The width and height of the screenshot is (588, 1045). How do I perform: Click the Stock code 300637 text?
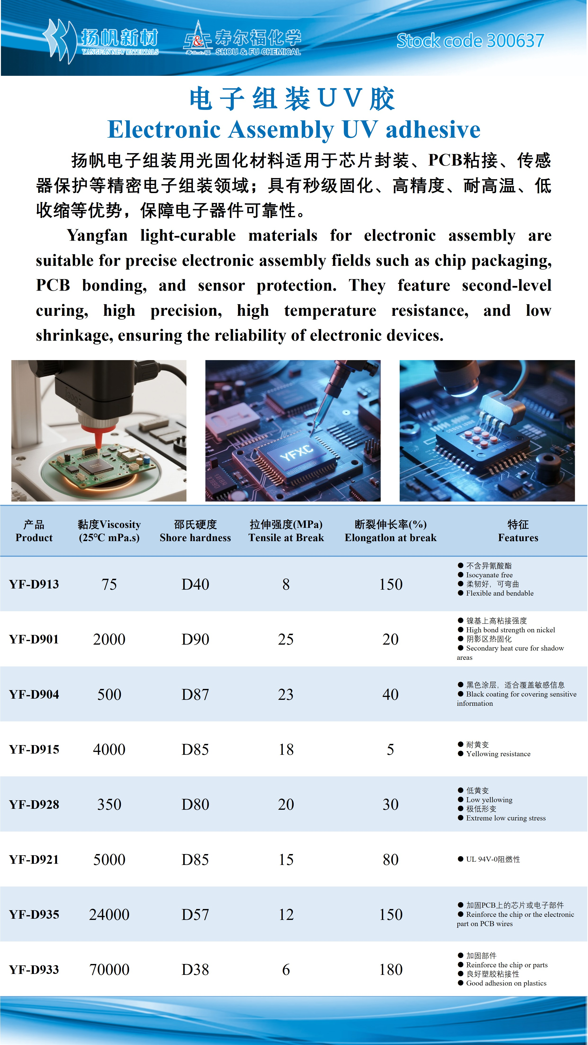coord(470,41)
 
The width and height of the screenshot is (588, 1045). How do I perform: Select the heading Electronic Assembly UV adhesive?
coord(294,130)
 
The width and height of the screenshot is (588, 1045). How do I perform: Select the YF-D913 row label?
coord(34,584)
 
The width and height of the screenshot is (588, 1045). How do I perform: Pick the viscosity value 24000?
coord(109,914)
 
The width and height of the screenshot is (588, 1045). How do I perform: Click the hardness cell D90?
coord(195,639)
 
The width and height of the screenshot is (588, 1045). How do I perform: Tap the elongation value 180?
coord(391,970)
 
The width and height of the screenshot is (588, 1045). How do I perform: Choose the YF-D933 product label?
coord(34,970)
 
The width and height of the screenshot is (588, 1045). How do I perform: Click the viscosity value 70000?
coord(109,970)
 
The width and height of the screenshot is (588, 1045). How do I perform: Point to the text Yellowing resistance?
coord(498,754)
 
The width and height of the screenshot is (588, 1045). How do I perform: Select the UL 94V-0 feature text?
coord(493,859)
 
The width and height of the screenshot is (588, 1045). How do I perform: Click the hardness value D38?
coord(195,970)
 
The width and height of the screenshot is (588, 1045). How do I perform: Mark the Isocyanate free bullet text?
coord(489,575)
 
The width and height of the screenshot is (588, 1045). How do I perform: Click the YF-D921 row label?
coord(34,859)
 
